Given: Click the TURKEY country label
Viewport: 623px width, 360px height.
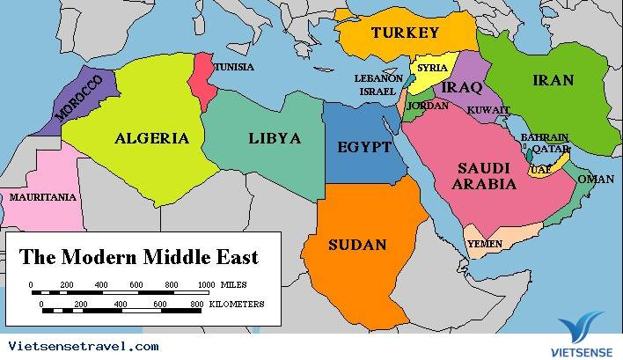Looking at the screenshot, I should tap(404, 33).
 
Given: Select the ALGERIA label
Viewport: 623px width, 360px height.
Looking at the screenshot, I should tap(151, 137).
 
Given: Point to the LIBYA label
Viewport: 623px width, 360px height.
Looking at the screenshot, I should tap(275, 138).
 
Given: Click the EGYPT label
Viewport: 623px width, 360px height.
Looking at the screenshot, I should tap(363, 147).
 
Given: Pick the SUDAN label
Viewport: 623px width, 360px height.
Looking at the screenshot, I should tap(356, 244).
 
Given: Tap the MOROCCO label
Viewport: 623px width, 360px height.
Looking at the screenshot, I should tap(84, 98).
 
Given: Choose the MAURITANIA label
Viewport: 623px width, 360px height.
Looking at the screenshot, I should tap(42, 197).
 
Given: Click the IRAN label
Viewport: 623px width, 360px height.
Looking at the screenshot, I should tap(553, 81).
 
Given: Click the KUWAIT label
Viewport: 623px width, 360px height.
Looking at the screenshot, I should tap(488, 110).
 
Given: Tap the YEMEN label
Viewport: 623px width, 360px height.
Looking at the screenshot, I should tap(485, 243).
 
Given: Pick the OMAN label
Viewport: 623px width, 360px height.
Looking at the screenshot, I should tap(596, 180).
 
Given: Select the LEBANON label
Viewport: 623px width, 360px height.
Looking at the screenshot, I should tap(378, 77).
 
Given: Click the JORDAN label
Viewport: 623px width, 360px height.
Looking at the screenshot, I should tap(429, 106).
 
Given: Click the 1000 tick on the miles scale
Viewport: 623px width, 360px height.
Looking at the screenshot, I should tap(206, 285).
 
